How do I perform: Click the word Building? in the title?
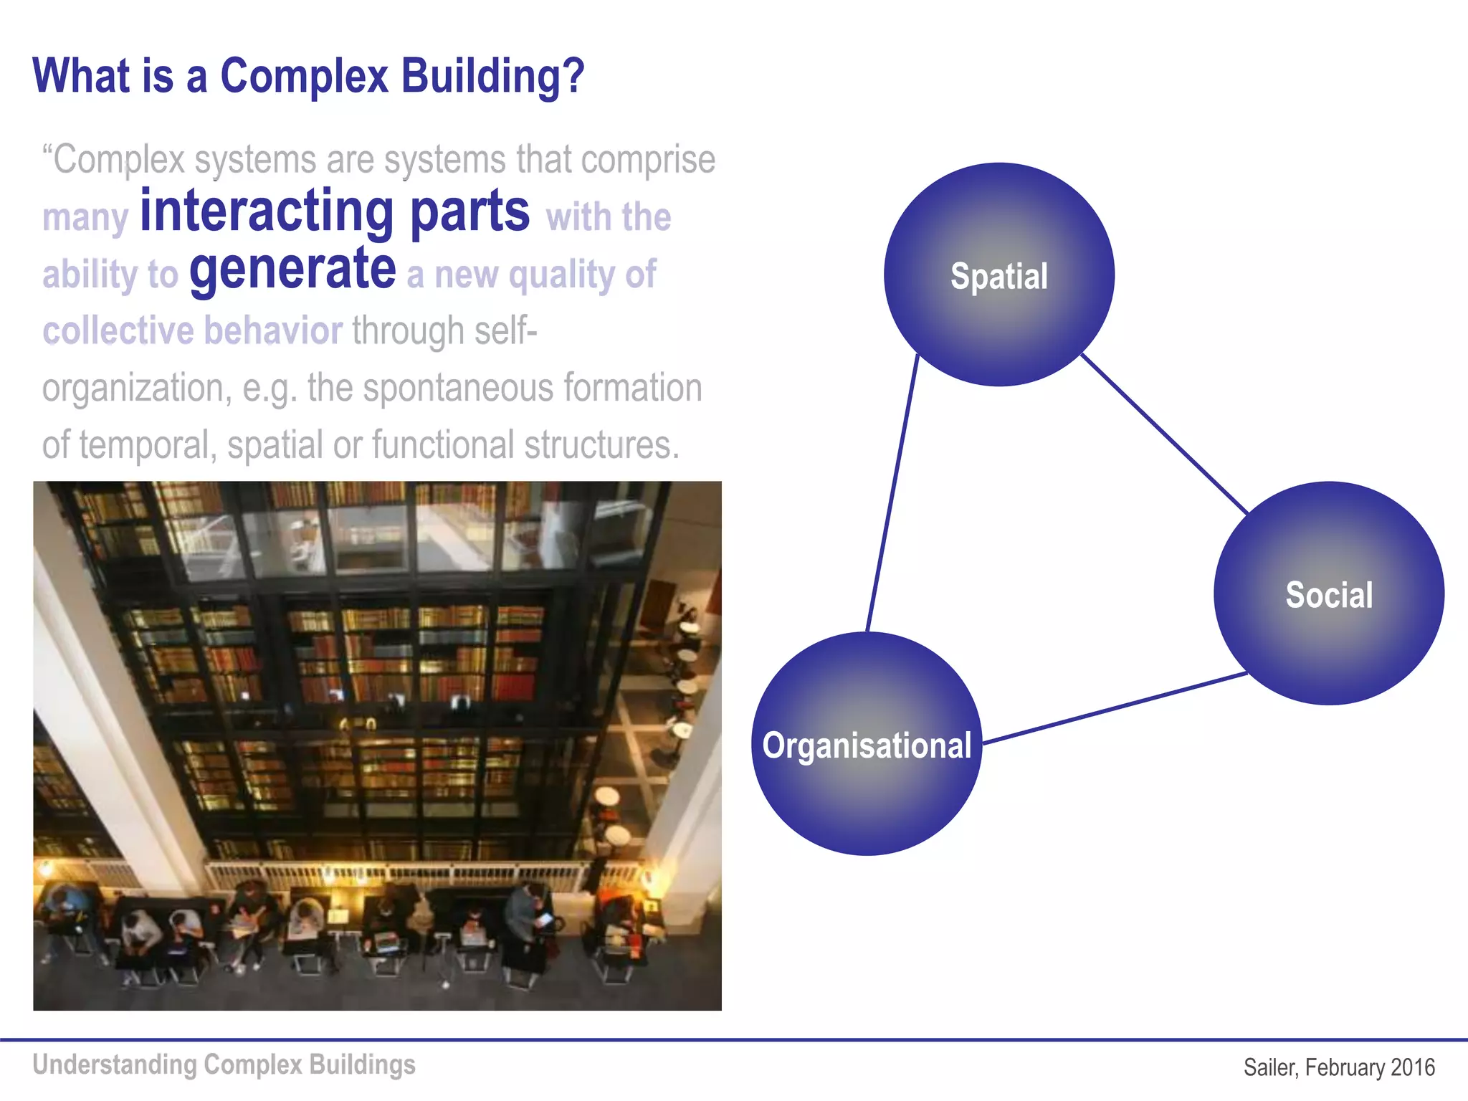[492, 76]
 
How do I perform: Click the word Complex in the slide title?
[304, 76]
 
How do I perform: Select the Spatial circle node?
[998, 275]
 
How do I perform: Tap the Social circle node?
[1328, 594]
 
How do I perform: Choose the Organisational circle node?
[867, 745]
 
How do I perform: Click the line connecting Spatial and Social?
[1165, 433]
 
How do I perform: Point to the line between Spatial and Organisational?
[892, 495]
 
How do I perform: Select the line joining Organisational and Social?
[1115, 708]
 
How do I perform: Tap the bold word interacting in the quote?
[267, 211]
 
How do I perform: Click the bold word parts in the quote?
[470, 211]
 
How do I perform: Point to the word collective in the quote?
[118, 331]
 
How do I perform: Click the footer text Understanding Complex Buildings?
[224, 1064]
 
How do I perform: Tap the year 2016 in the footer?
[1412, 1067]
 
